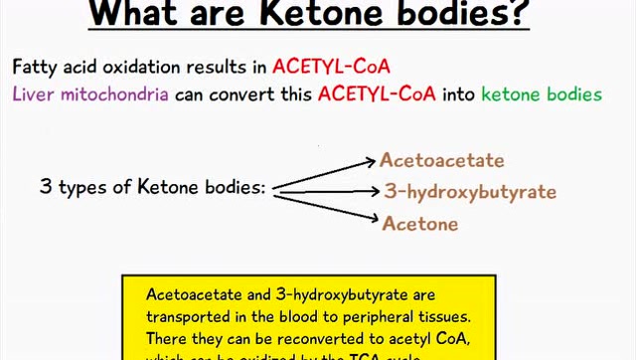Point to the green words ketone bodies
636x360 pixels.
tap(541, 94)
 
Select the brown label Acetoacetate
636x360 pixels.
tap(441, 160)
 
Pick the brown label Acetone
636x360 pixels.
tap(419, 223)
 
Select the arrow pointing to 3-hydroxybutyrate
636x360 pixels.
tap(328, 189)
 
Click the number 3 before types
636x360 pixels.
tap(45, 186)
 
